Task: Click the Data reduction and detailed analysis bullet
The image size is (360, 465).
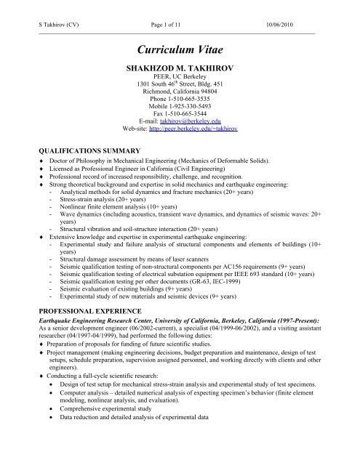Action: (145, 439)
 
